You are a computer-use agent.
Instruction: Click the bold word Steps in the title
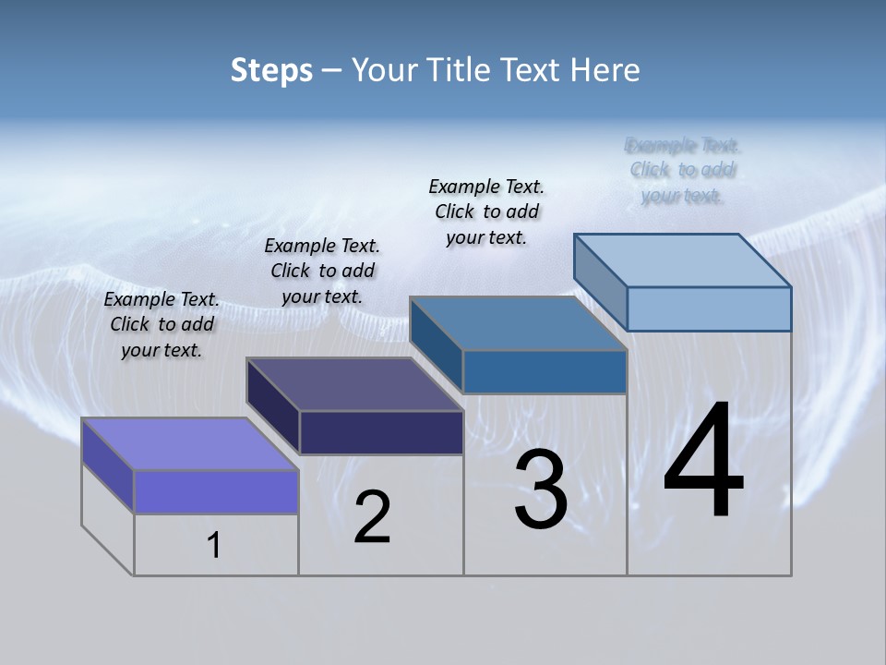[271, 70]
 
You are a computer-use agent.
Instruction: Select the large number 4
[703, 461]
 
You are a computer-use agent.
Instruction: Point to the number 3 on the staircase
[541, 490]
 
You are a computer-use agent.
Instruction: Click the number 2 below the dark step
[372, 517]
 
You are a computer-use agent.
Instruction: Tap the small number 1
[213, 546]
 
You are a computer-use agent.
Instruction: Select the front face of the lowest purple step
[216, 491]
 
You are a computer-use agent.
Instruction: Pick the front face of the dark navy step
[381, 432]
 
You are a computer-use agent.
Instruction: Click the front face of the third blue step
[545, 371]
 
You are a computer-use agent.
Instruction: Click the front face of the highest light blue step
[709, 308]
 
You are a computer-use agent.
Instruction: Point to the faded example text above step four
[683, 170]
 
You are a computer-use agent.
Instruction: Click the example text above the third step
[486, 212]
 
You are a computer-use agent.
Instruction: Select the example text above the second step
[322, 271]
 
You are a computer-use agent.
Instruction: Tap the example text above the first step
[162, 324]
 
